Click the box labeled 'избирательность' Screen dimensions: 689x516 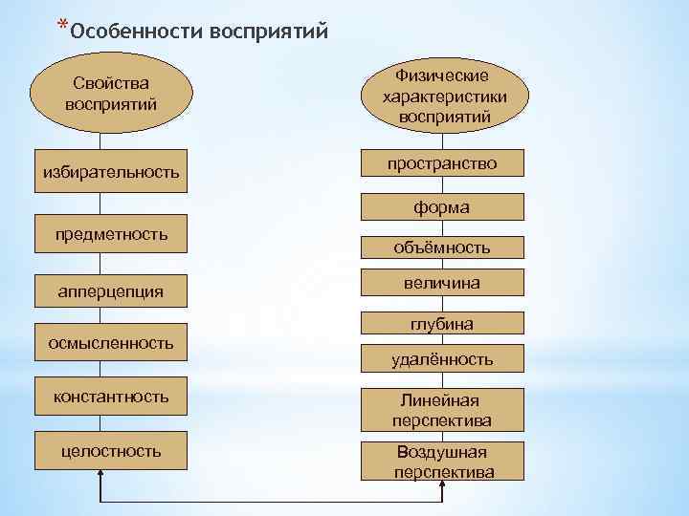pos(111,173)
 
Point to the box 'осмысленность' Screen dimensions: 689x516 pos(111,342)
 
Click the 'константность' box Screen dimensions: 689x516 pos(111,396)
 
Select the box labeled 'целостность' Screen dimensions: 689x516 pos(111,450)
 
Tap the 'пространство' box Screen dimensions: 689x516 pos(442,164)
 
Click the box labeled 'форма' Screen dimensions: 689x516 pos(442,206)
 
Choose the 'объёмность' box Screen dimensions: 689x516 pos(442,247)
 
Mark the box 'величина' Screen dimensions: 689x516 pos(442,283)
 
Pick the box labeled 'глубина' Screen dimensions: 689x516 pos(442,325)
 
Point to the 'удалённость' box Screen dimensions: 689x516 pos(442,359)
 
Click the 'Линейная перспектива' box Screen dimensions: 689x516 pos(442,410)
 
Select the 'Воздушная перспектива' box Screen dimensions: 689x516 pos(442,462)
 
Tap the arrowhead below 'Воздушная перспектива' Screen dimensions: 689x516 pos(442,486)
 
